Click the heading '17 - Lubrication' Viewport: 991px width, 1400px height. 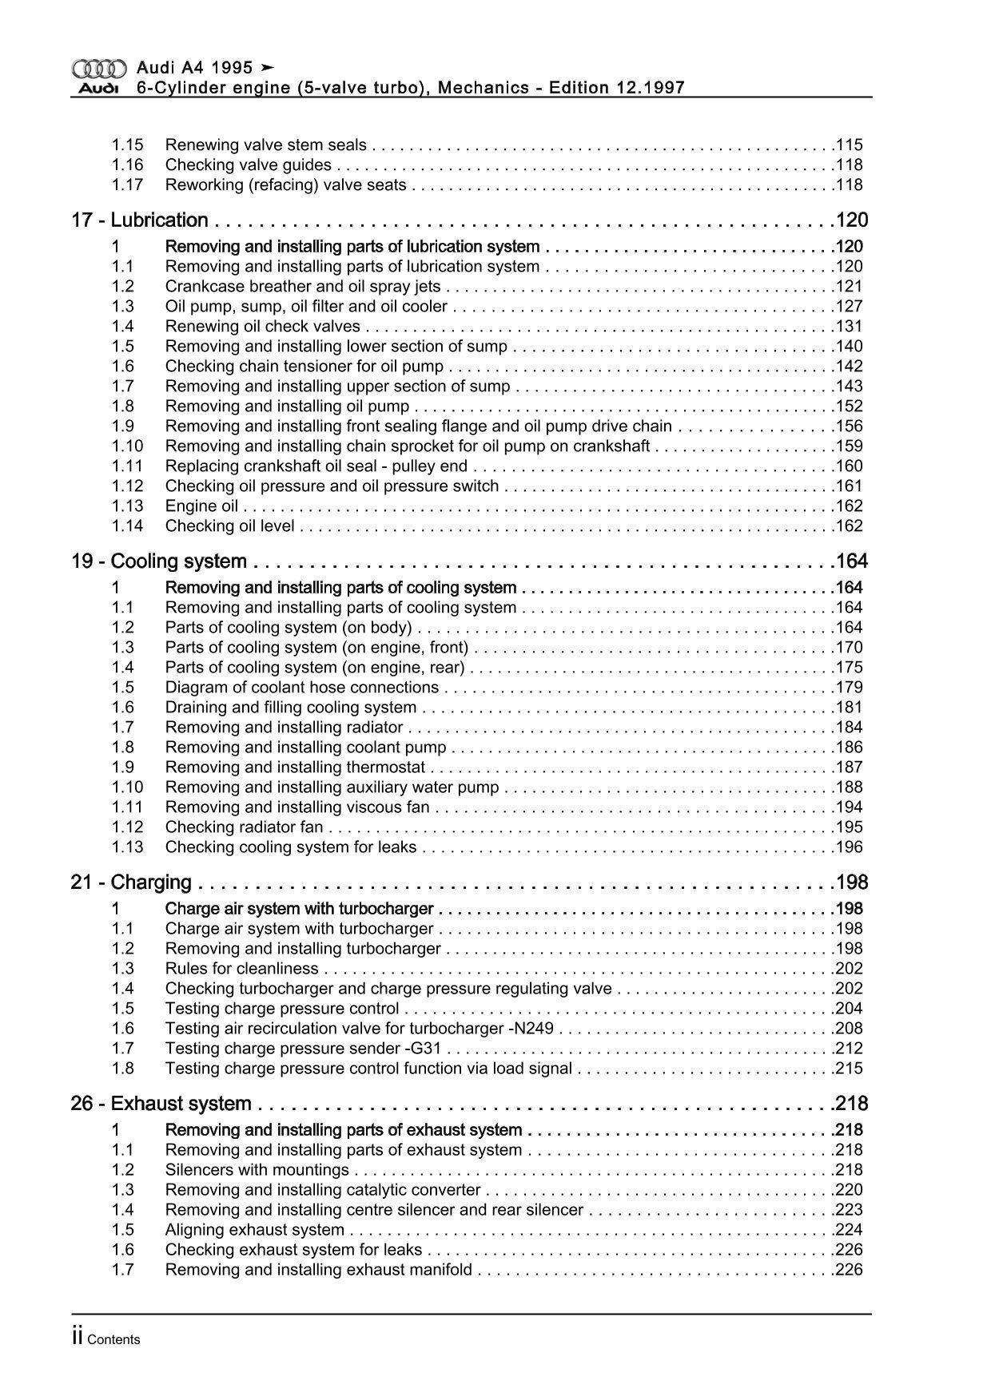click(x=140, y=220)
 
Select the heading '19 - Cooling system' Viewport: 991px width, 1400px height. click(x=159, y=561)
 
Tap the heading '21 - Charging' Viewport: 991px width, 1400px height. click(x=132, y=882)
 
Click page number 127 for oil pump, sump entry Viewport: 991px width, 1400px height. click(x=849, y=307)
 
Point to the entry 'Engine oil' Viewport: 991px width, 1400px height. click(x=201, y=506)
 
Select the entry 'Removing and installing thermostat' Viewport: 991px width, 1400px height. click(x=295, y=767)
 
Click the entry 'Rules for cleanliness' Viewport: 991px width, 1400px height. click(x=241, y=969)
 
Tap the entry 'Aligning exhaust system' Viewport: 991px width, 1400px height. click(x=255, y=1230)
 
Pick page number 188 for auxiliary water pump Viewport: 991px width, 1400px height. click(x=849, y=787)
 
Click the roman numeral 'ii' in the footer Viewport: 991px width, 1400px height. click(x=78, y=1339)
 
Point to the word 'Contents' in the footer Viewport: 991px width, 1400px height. click(x=113, y=1340)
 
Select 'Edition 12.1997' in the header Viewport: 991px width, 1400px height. click(x=616, y=88)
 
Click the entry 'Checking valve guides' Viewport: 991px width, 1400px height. click(x=249, y=165)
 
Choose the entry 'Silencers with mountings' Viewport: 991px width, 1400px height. click(x=257, y=1170)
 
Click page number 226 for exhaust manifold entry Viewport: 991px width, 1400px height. click(x=849, y=1270)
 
